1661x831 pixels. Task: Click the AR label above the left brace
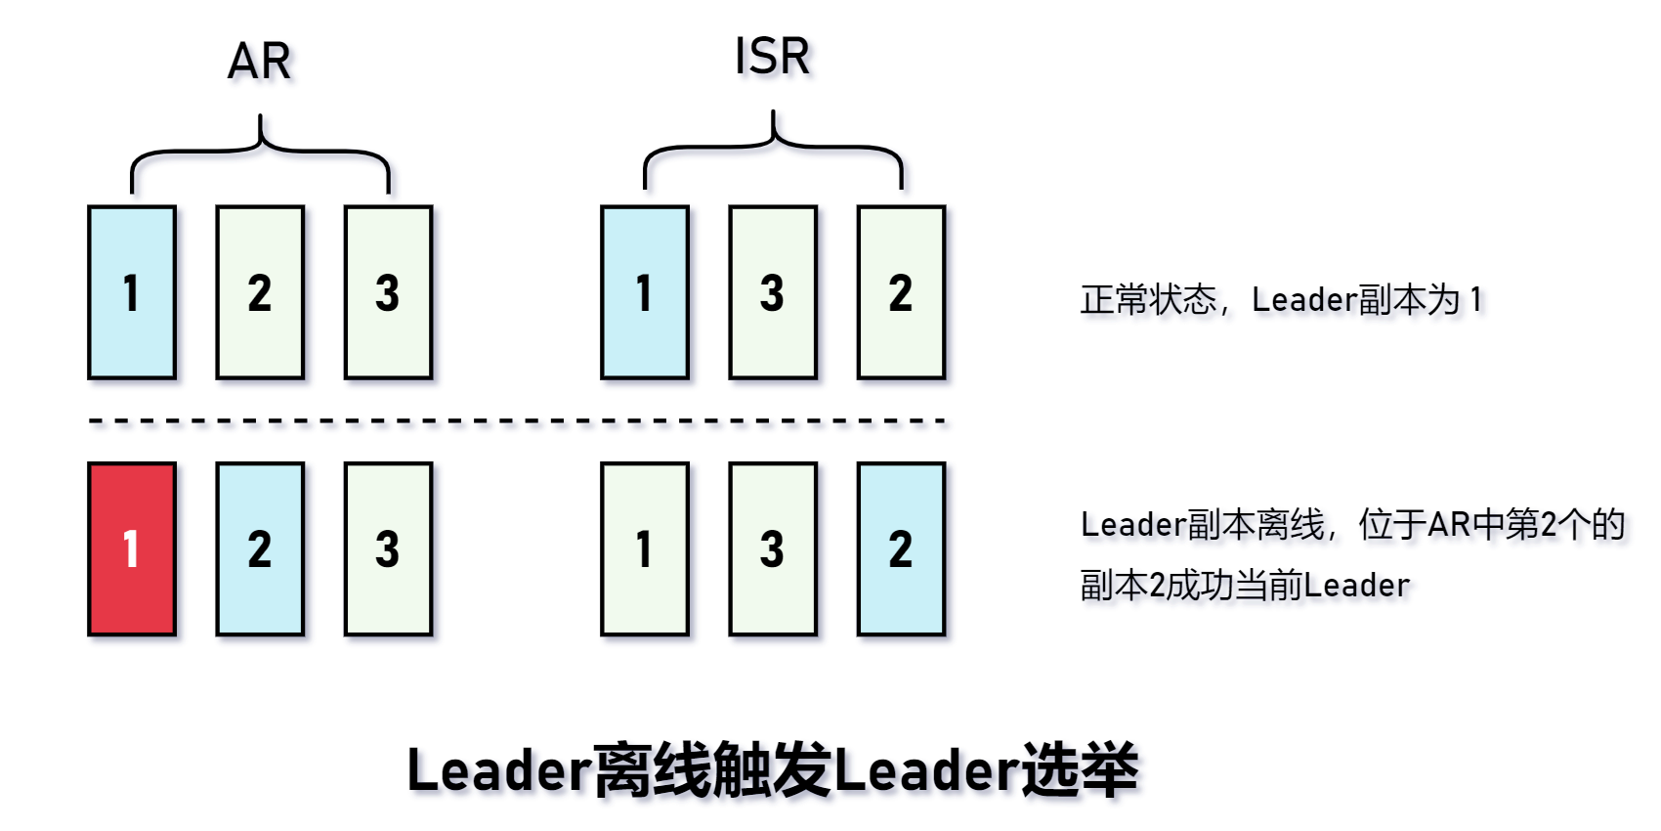[x=259, y=62]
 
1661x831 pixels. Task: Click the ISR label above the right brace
[x=772, y=57]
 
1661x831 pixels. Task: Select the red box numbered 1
[x=132, y=548]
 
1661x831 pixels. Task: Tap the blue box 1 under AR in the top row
[x=132, y=292]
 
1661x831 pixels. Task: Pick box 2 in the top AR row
[x=260, y=292]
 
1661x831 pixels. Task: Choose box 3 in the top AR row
[x=388, y=292]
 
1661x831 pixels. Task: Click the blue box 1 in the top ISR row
[x=645, y=292]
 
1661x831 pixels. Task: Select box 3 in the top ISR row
[x=773, y=292]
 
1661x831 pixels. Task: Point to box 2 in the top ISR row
[x=901, y=292]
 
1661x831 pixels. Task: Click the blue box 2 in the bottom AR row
[x=260, y=548]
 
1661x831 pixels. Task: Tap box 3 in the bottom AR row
[x=388, y=548]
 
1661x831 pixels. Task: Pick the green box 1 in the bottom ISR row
[x=645, y=548]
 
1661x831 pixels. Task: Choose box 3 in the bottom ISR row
[x=773, y=548]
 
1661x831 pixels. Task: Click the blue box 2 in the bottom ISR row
[x=901, y=548]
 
